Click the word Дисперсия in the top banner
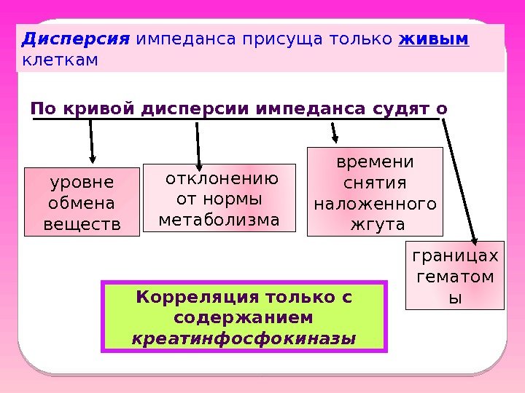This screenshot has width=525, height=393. click(x=76, y=38)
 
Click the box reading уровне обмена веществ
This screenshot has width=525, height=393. click(x=82, y=202)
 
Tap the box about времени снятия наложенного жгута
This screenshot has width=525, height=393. click(x=375, y=191)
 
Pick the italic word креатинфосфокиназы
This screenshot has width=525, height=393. click(x=245, y=338)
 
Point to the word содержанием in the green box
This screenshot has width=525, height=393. click(x=245, y=318)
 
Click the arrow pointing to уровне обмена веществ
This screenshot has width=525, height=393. click(x=92, y=142)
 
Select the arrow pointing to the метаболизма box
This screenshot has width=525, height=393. click(x=198, y=143)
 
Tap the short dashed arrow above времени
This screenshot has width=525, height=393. click(x=335, y=132)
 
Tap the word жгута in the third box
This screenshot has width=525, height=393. click(x=375, y=223)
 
